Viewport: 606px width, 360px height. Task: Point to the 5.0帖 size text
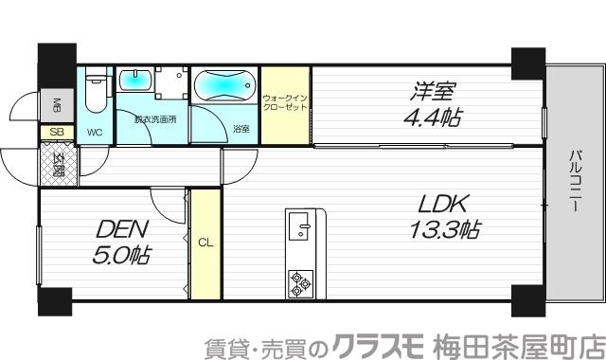tap(122, 254)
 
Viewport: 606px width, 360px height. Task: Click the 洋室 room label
tap(433, 93)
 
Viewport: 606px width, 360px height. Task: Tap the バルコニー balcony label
tap(575, 181)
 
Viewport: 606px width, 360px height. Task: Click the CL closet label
tap(205, 242)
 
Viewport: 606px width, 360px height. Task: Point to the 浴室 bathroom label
tap(241, 128)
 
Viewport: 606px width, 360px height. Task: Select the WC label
tap(95, 132)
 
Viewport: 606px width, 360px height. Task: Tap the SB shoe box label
tap(56, 133)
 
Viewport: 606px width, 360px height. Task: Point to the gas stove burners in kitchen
tap(301, 280)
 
